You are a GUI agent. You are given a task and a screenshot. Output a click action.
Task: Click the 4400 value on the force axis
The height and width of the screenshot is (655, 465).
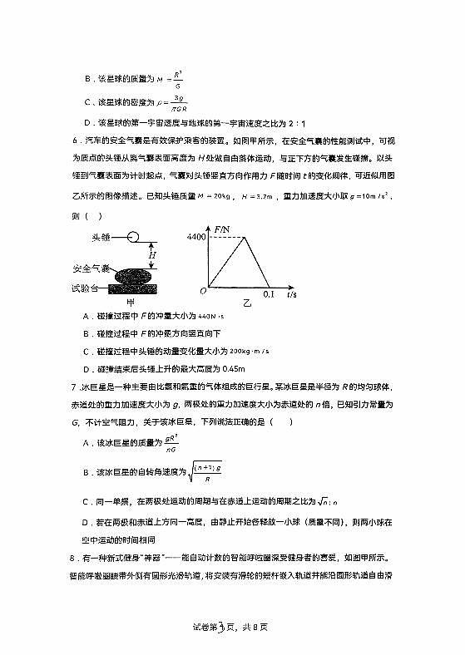coord(195,238)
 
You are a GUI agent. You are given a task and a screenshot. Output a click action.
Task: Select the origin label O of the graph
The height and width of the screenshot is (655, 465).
coord(202,292)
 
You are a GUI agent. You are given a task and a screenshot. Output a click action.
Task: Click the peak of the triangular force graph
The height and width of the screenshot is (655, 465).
coord(243,238)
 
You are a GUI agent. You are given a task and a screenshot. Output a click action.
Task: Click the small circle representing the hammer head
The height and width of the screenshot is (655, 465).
coord(133,238)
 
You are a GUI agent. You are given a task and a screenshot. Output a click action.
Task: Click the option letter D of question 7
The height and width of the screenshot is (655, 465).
coord(87,523)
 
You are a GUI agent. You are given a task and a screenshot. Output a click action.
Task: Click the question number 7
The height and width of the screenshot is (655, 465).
coord(74,387)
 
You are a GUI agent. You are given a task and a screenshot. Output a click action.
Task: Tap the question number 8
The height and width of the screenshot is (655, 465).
coord(74,558)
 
